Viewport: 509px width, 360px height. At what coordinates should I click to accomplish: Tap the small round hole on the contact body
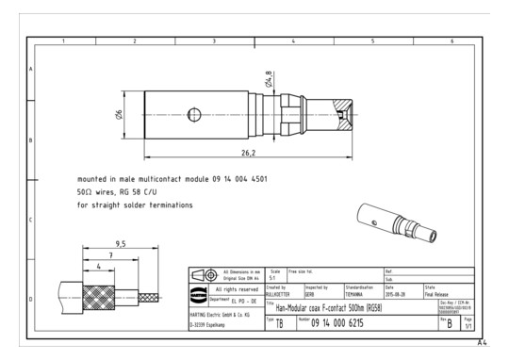pyautogui.click(x=193, y=114)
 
